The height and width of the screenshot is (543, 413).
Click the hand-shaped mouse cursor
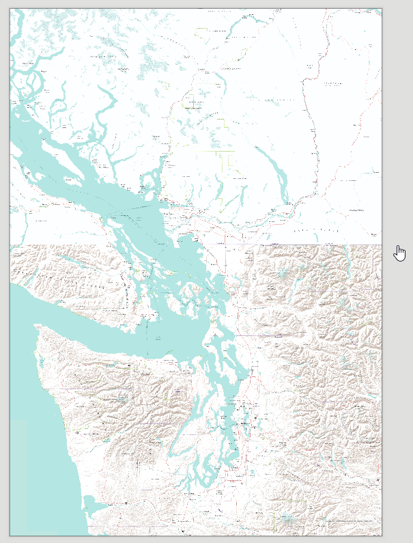click(400, 253)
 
